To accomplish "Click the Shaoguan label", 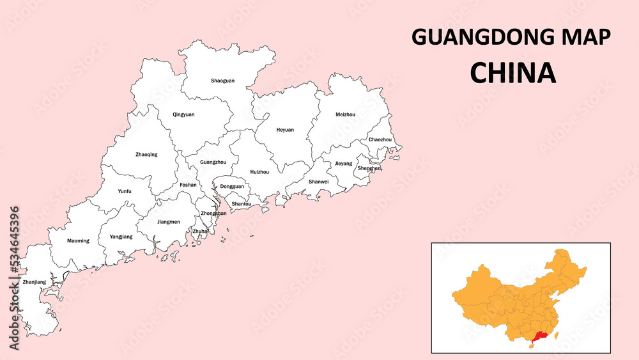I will click(x=222, y=81).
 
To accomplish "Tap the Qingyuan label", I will click(x=183, y=114).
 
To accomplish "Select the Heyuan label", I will click(x=285, y=130).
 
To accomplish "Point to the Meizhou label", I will click(x=345, y=114).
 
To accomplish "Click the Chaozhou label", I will click(x=380, y=139).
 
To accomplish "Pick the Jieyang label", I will click(x=343, y=164).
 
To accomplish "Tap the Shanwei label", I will click(x=318, y=182).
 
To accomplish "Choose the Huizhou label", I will click(x=259, y=172).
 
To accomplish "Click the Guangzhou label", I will click(x=213, y=162).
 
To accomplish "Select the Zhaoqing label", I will click(x=146, y=154).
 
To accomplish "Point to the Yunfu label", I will click(x=125, y=191).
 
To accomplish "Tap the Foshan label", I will click(x=188, y=185).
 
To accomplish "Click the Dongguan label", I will click(x=231, y=187).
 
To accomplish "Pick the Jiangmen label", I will click(x=168, y=222).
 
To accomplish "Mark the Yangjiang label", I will click(x=121, y=237).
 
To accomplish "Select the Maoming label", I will click(x=78, y=241).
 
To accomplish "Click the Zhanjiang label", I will click(x=34, y=282).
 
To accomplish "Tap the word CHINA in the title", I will click(x=512, y=73).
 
